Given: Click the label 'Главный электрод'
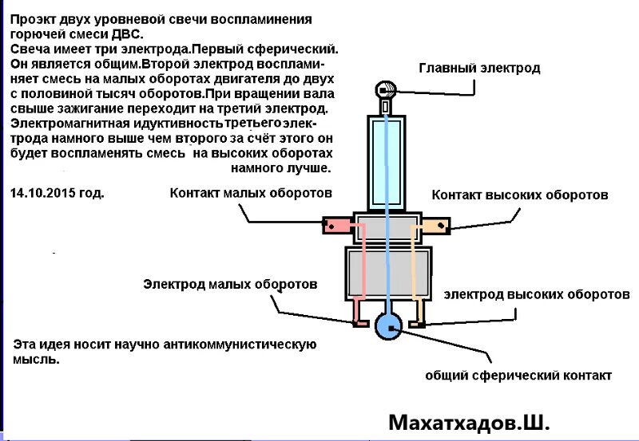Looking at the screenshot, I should pos(479,68).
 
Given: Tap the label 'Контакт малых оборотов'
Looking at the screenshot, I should pos(251,193).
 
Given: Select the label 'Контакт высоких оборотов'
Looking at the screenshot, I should pos(520,195).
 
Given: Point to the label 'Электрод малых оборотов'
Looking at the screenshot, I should pos(230,284).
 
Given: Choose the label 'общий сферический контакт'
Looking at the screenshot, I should pos(518,376).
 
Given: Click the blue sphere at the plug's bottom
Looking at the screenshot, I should pos(388,326).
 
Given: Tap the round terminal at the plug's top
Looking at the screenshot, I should pos(386,89).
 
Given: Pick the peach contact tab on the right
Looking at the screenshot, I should pos(437,226).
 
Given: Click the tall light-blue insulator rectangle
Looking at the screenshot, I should pos(387,159).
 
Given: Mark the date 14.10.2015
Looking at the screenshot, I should pos(57,193).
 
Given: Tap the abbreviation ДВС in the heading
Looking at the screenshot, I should pos(131,34).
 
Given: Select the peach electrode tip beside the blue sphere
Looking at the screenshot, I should pos(416,324).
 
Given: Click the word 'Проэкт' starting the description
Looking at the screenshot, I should pos(34,18).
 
